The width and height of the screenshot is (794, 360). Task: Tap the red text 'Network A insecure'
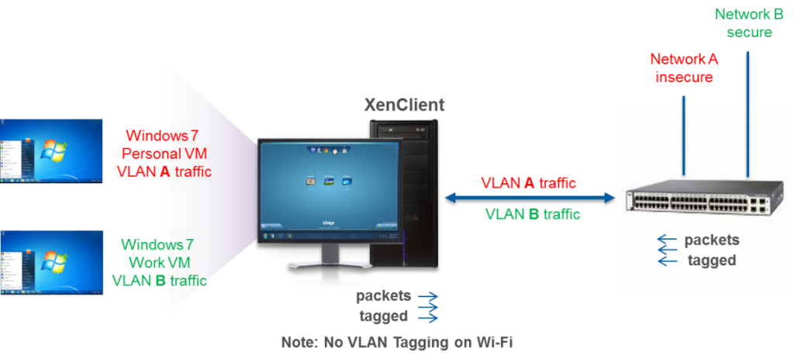tap(684, 68)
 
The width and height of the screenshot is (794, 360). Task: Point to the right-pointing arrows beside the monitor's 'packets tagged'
tap(428, 306)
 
